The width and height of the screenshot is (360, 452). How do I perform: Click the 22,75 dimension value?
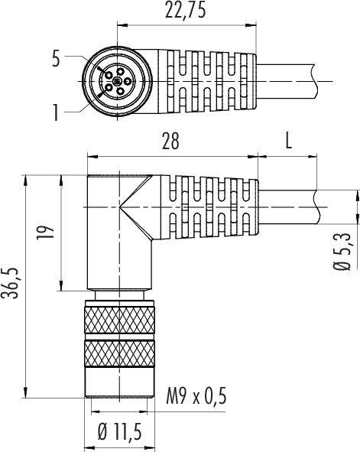185,11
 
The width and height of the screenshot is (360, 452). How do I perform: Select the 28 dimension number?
170,141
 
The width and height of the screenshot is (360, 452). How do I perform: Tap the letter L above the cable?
289,141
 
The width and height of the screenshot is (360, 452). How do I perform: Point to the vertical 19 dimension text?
45,232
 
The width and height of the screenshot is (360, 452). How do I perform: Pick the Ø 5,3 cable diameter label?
342,252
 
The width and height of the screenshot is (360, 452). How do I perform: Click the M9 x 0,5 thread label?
196,395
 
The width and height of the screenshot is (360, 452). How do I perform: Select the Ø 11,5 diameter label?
120,432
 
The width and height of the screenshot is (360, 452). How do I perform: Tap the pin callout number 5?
56,59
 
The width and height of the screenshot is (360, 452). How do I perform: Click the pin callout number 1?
56,112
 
